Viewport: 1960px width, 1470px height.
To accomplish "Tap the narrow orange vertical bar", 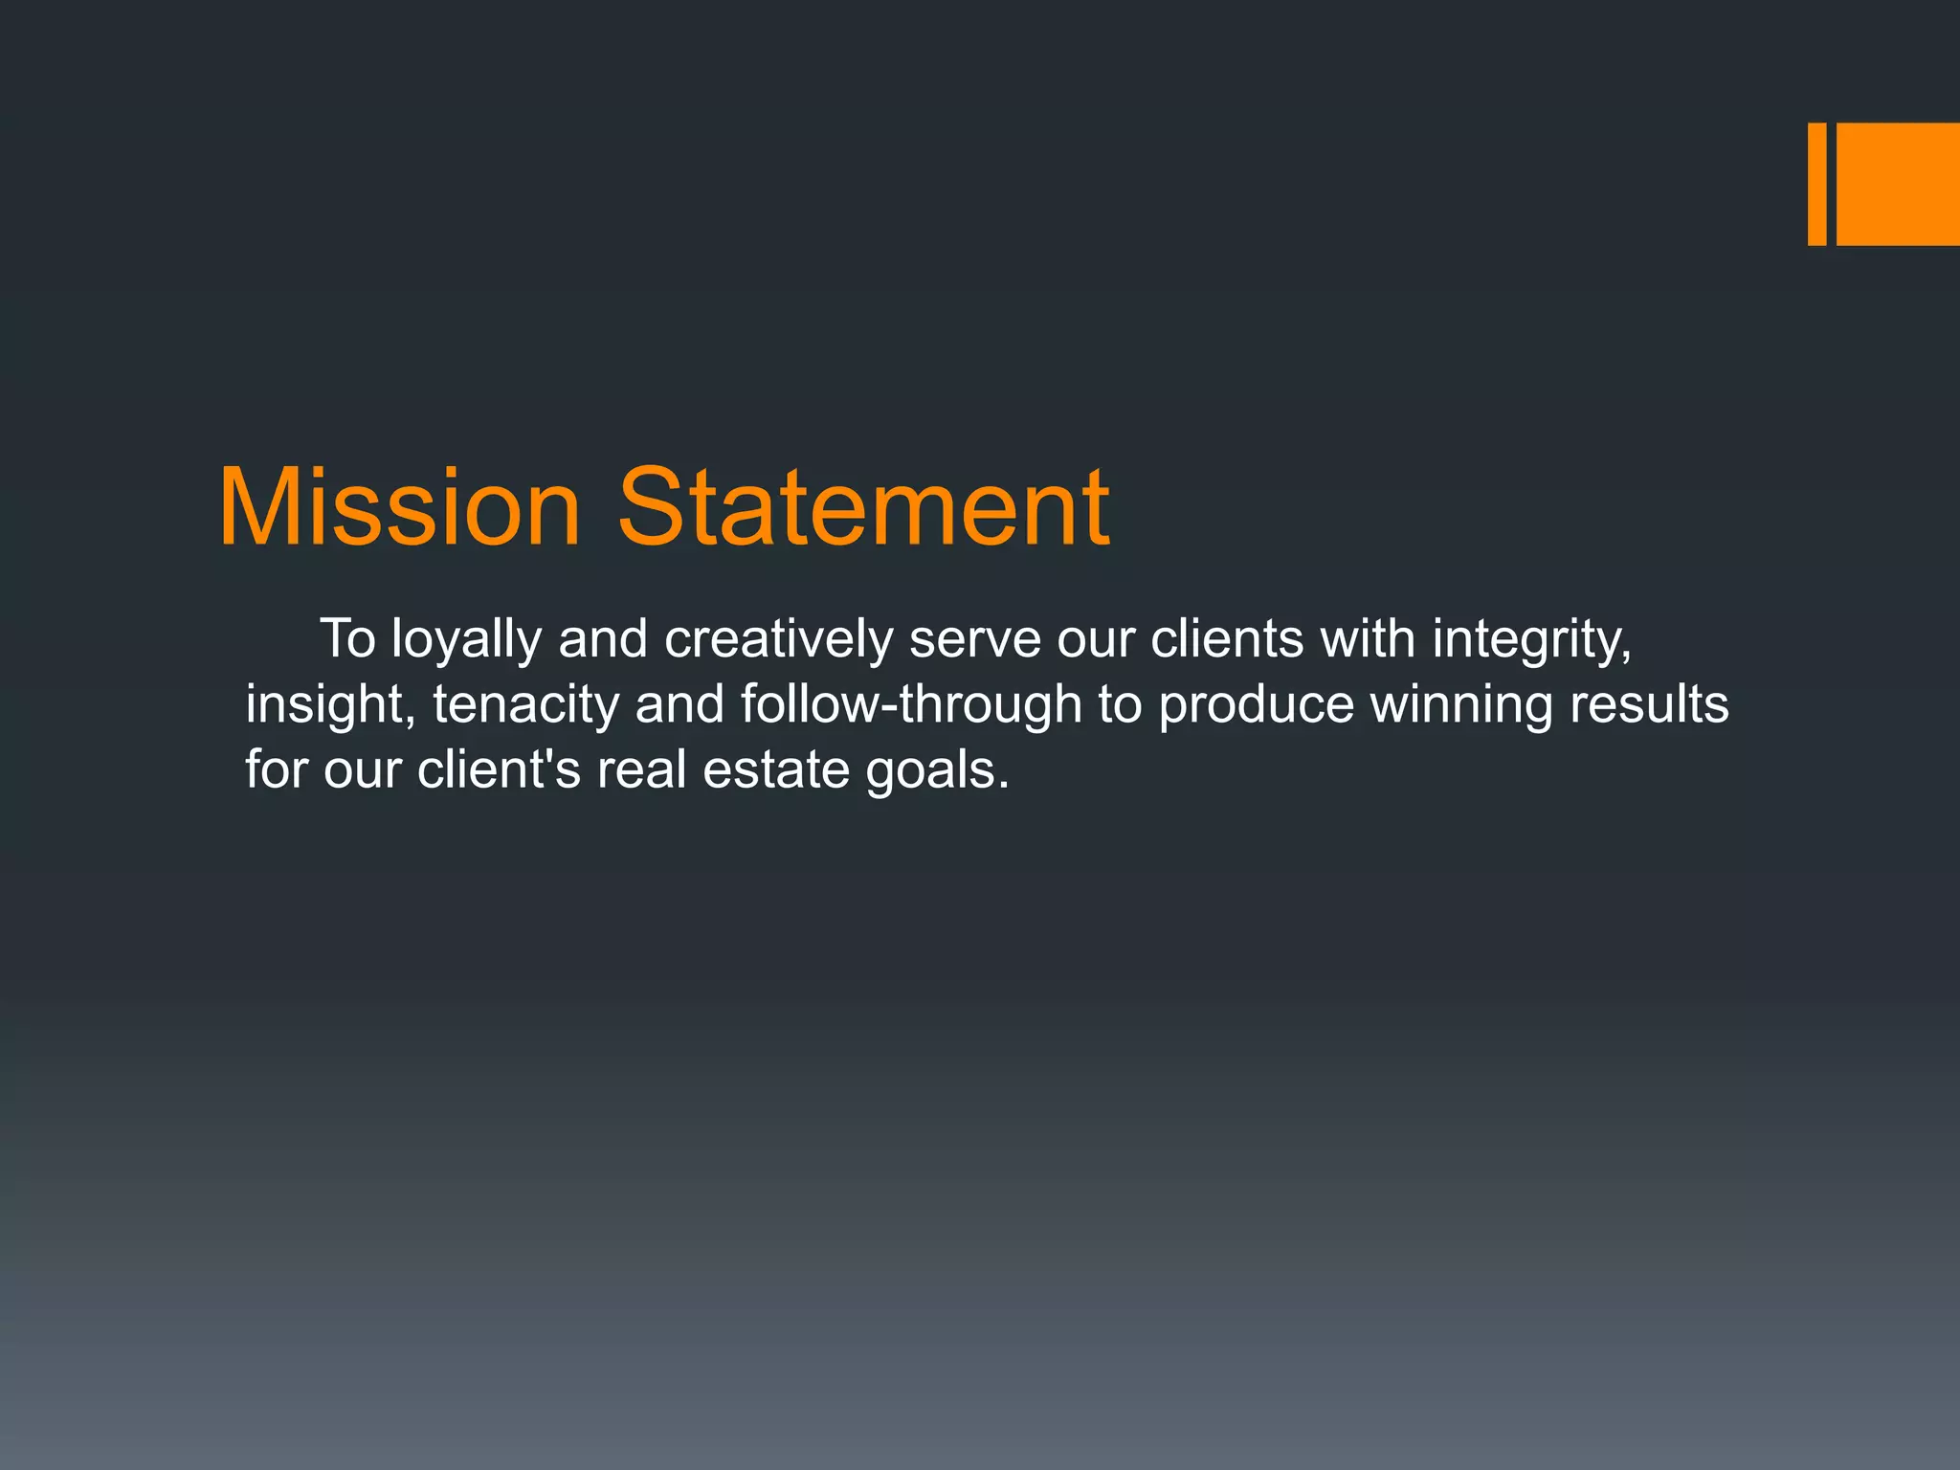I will point(1816,184).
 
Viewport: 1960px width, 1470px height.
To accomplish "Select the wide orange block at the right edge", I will point(1898,184).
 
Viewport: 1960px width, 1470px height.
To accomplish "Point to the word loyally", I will point(466,639).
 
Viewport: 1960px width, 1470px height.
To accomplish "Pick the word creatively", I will point(778,639).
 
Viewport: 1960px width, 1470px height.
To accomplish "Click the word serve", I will point(974,639).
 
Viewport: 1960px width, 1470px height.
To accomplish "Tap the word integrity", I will point(1531,639).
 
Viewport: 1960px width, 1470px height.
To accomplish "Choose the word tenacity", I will point(525,705).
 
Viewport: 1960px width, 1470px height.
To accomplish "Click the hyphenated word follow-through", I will point(910,705).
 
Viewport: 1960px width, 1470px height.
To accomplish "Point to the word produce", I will point(1256,705).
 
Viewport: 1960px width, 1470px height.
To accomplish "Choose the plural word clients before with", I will point(1227,639).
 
